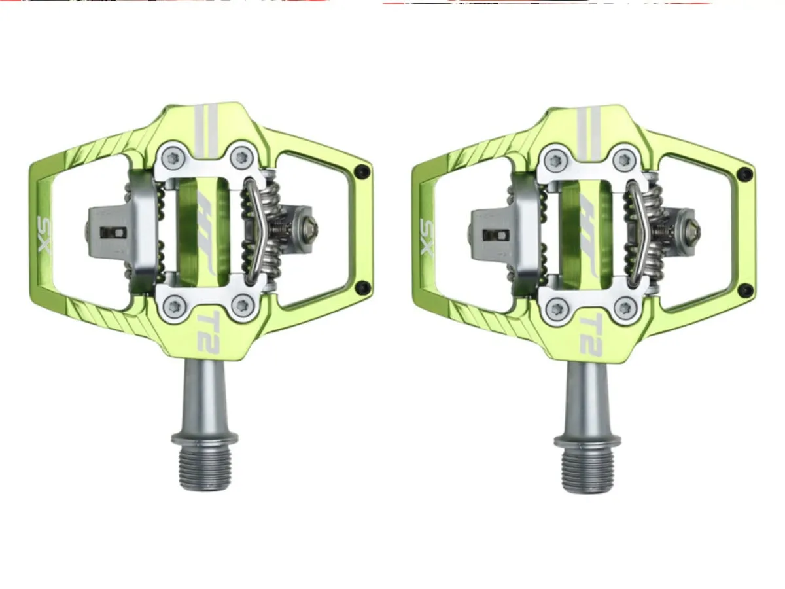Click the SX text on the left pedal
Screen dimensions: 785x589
pos(44,234)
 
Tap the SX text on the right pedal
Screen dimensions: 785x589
pos(427,238)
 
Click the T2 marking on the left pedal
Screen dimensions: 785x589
pos(208,332)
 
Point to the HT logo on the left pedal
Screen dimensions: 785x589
pos(205,234)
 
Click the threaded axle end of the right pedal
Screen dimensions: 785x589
pos(587,472)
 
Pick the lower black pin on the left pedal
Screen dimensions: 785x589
pos(364,287)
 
